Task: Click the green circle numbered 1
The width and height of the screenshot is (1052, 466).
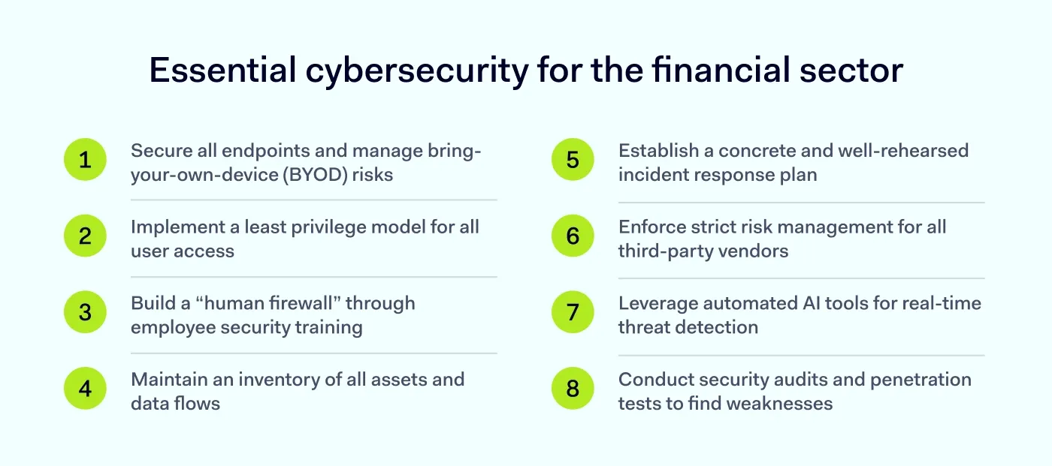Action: (85, 160)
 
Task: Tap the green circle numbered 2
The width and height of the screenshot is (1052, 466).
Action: (85, 236)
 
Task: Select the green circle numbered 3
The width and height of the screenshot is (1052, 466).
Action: (85, 312)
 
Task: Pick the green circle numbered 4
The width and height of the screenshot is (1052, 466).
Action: (85, 389)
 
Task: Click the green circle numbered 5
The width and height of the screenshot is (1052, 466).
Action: (573, 160)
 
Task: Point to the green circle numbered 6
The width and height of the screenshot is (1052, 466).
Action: (573, 236)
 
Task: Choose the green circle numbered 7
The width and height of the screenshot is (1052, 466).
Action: (573, 312)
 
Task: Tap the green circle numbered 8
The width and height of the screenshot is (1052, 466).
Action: (573, 389)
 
